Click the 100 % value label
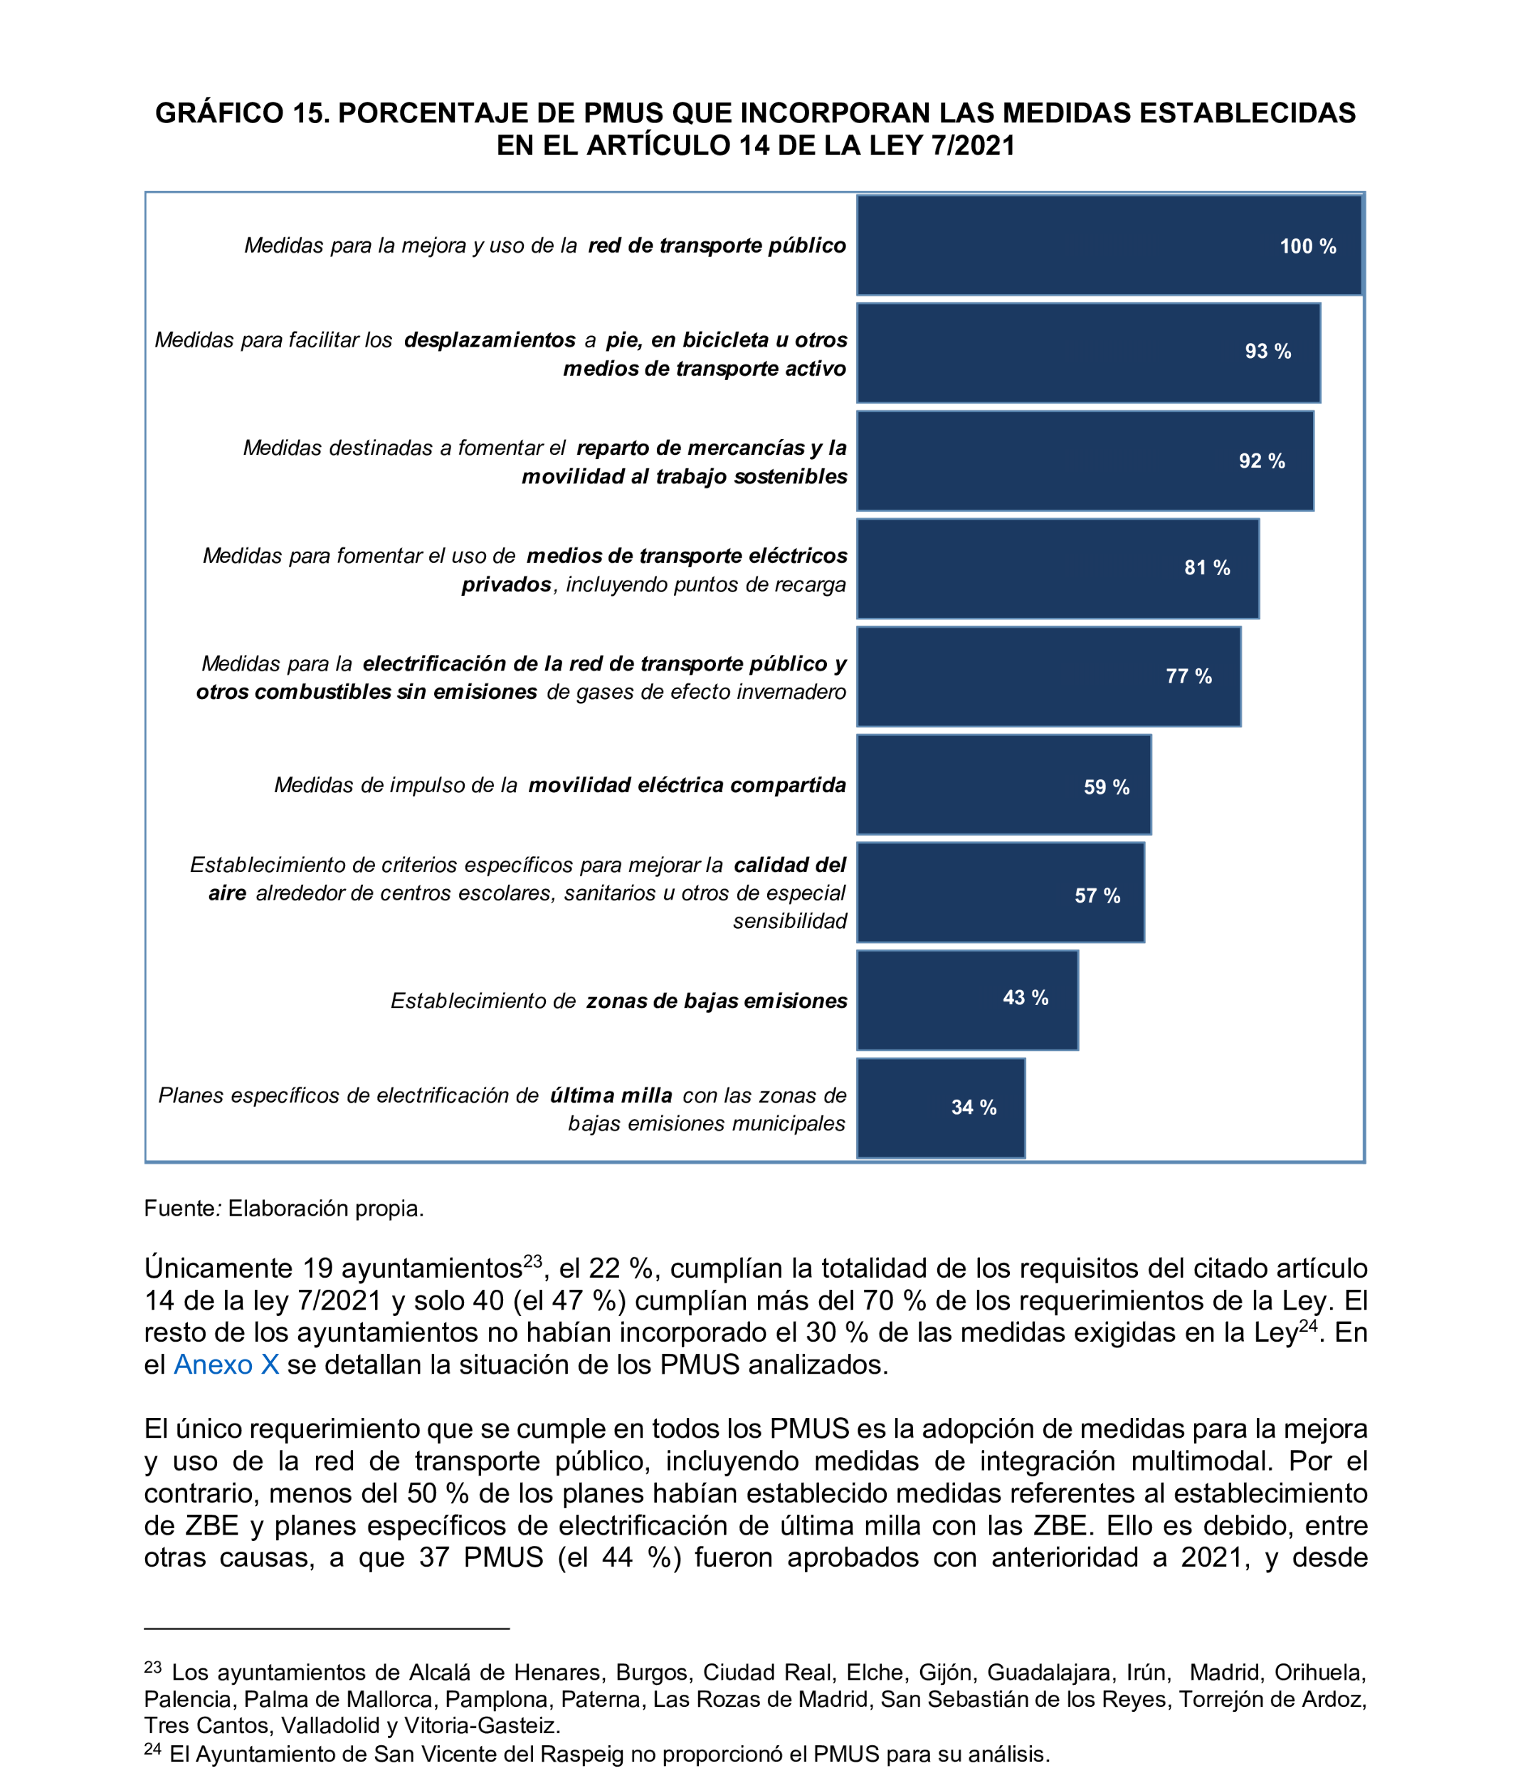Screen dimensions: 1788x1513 [1307, 246]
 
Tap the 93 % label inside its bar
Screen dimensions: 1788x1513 [1267, 351]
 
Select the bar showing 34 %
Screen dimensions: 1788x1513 [940, 1108]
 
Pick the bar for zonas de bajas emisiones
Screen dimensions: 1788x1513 [966, 999]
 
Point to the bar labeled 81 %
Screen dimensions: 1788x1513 [1057, 568]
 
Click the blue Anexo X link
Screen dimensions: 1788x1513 [226, 1364]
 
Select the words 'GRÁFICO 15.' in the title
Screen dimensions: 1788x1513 [242, 113]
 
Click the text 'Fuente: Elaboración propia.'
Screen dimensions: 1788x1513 [284, 1208]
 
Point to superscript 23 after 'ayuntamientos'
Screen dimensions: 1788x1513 [532, 1261]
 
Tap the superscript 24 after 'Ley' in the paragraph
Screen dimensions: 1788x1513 [1307, 1325]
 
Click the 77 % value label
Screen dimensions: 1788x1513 [1188, 676]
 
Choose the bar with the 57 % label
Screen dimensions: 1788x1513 [999, 893]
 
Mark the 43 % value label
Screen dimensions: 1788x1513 [1025, 997]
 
